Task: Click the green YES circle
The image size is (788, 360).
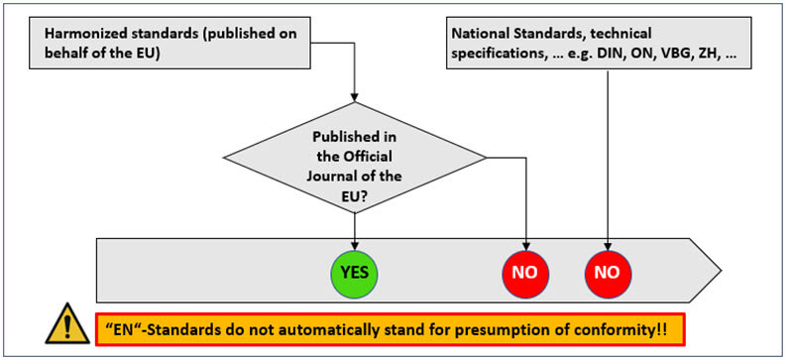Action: coord(354,269)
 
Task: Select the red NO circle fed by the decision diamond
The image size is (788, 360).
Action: coord(526,269)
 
